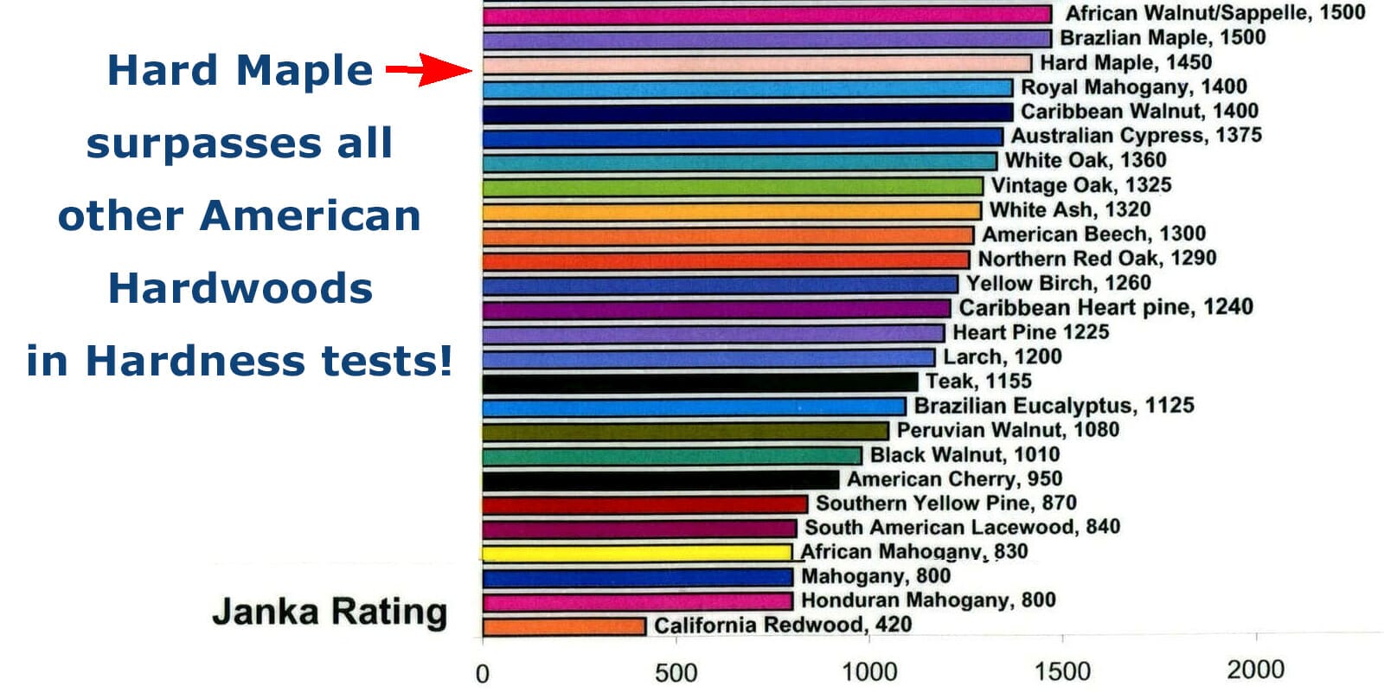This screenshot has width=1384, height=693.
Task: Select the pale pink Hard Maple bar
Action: [x=757, y=63]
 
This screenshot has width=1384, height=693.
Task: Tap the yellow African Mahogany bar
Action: [x=637, y=553]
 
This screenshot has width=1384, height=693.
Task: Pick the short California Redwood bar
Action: [x=564, y=626]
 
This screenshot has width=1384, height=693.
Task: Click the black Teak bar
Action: [x=700, y=382]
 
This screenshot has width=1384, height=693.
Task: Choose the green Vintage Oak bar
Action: [x=733, y=186]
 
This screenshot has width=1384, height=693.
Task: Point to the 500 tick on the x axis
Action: [x=676, y=672]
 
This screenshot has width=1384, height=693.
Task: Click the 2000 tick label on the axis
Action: [x=1255, y=669]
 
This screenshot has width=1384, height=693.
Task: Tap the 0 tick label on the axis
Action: [x=483, y=673]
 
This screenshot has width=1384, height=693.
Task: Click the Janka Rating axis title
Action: [x=330, y=612]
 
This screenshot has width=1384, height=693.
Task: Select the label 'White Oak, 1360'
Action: [x=1086, y=160]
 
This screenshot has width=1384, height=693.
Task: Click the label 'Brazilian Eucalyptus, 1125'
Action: [x=1054, y=406]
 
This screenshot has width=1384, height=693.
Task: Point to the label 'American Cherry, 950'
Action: [x=954, y=479]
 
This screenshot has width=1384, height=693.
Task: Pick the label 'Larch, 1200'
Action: [x=1002, y=356]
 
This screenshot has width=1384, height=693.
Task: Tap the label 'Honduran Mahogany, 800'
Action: [x=928, y=600]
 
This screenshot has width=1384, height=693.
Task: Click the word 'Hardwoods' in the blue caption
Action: [x=240, y=288]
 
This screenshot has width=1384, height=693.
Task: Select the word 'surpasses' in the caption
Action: [x=203, y=144]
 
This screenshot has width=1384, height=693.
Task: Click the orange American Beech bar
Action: [x=727, y=235]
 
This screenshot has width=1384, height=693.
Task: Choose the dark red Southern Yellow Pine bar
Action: [x=644, y=504]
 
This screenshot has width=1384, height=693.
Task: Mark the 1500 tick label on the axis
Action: [x=1062, y=671]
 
